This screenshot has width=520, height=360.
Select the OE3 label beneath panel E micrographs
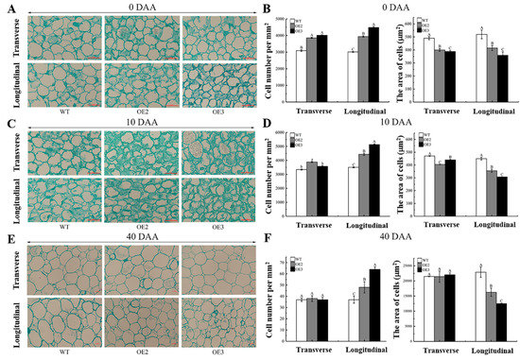click(x=216, y=349)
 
